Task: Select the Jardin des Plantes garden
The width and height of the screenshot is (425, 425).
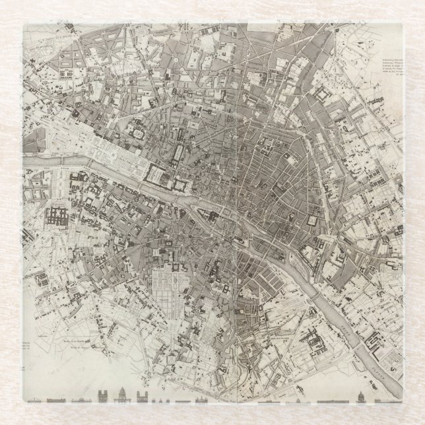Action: [277, 310]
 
